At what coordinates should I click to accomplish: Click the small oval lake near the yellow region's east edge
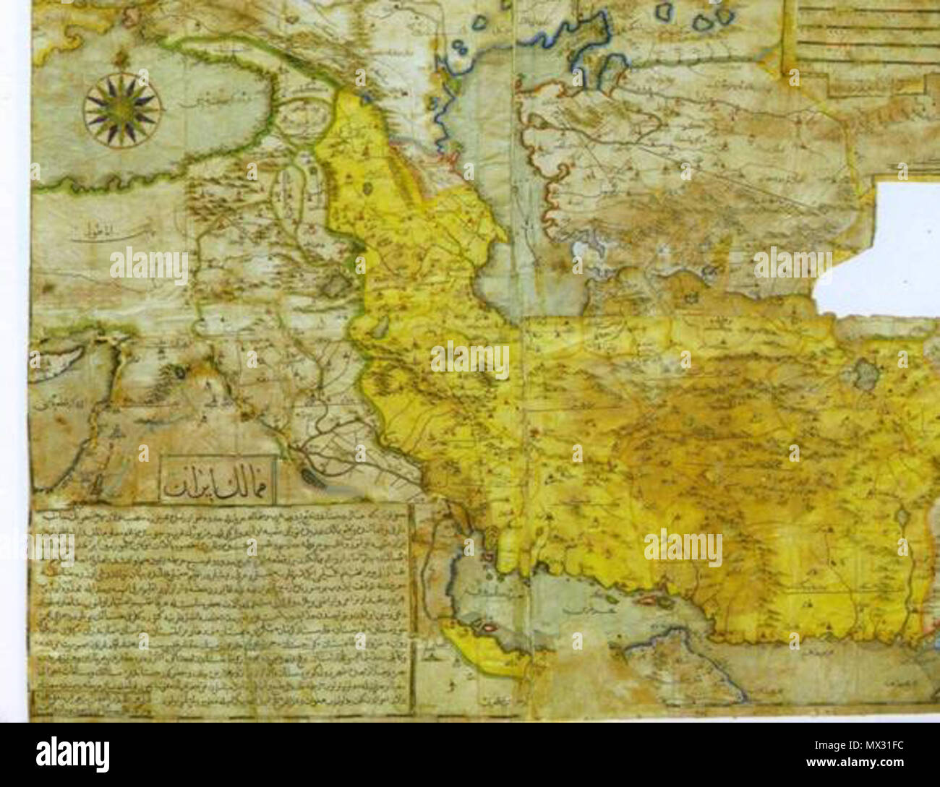click(x=900, y=520)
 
